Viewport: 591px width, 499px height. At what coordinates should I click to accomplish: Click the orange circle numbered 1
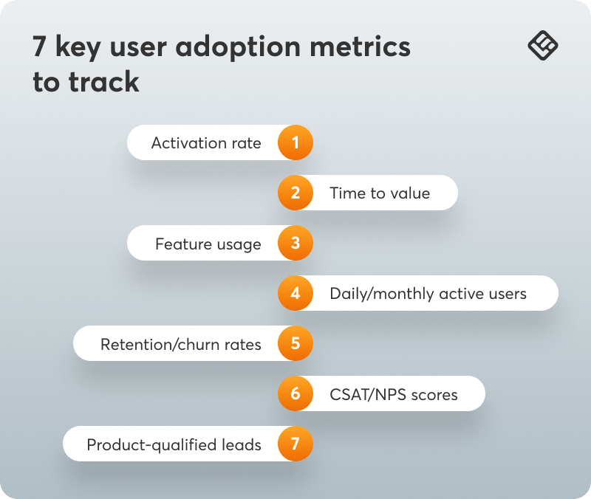coord(295,142)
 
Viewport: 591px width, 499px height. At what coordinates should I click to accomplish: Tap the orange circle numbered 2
coord(295,193)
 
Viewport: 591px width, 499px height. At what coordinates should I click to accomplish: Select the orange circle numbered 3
coord(295,243)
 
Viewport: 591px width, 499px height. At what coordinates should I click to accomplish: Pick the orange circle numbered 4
coord(295,293)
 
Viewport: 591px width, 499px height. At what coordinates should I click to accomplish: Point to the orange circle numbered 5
coord(295,343)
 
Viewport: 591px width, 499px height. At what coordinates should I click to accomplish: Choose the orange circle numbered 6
coord(295,393)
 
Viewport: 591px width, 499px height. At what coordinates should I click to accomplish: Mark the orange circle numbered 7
coord(295,444)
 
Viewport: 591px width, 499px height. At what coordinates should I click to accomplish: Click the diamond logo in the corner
coord(543,46)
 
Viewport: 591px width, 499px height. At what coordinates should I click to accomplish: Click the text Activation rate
coord(206,143)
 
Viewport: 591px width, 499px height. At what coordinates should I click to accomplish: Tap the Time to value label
coord(380,193)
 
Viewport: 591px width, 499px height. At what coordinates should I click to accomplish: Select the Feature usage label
coord(208,244)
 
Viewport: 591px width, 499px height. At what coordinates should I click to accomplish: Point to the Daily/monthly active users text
coord(428,294)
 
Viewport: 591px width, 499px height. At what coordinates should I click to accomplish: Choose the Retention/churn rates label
coord(181,344)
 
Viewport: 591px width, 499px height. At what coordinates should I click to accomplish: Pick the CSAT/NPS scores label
coord(394,395)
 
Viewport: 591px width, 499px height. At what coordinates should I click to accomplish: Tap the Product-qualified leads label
coord(174,445)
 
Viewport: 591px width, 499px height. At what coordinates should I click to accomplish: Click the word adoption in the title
coord(238,47)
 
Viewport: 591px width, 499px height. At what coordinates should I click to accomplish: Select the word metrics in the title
coord(361,47)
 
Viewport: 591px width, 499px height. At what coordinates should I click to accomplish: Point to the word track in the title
coord(104,81)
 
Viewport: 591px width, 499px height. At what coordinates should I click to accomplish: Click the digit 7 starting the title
coord(40,47)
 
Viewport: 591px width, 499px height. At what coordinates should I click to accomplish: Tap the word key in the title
coord(78,48)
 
